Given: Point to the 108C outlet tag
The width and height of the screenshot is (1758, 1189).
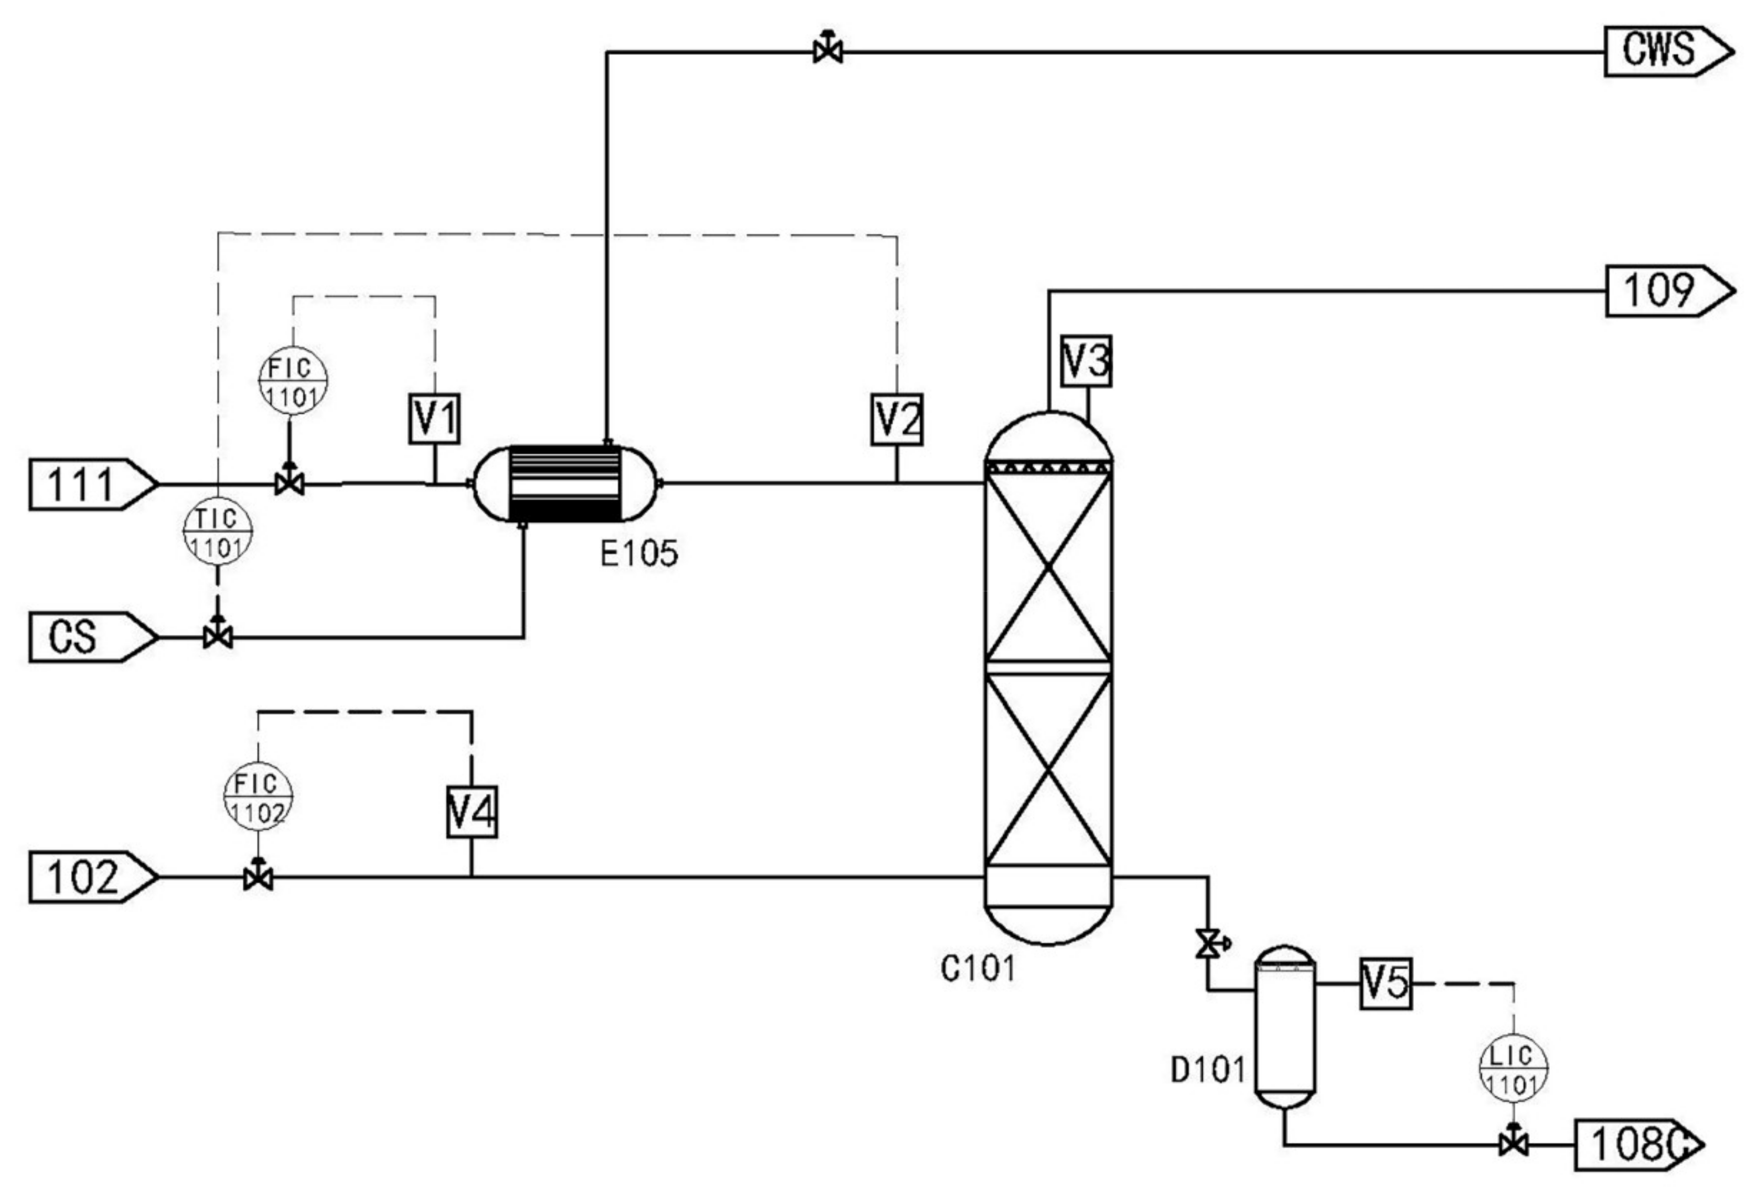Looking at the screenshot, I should tap(1634, 1145).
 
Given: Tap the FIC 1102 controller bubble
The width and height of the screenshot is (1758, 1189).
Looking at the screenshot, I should tap(258, 797).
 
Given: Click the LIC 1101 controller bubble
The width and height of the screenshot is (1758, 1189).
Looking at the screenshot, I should tap(1513, 1067).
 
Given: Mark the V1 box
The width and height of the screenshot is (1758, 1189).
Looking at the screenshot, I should tap(435, 418).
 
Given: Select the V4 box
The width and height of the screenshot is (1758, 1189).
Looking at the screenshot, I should tap(472, 813).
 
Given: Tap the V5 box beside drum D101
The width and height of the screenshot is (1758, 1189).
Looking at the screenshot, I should tap(1385, 983).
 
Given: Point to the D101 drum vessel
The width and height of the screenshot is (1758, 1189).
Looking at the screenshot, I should tap(1285, 1025).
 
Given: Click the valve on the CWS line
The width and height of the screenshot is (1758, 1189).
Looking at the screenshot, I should tap(828, 51).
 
